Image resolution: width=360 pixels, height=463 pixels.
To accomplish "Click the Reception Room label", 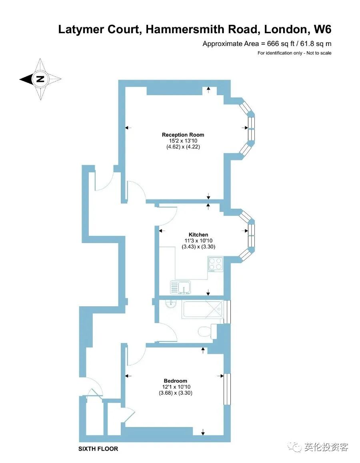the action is coord(183,135).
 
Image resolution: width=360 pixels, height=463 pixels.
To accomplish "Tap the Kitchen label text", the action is coord(198,235).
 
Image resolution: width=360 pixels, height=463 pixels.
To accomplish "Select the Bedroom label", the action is coord(175,381).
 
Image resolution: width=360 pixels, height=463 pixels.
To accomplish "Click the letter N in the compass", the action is coord(40,79).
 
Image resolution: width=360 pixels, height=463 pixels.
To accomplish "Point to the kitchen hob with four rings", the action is coord(216,264).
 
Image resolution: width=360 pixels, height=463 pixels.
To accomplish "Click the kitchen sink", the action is coord(180,287).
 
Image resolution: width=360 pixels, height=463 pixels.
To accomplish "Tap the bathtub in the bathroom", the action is coord(202,310).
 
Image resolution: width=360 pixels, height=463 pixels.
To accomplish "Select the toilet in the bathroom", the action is coord(206,331).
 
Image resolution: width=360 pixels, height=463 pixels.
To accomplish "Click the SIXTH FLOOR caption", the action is coord(98,449).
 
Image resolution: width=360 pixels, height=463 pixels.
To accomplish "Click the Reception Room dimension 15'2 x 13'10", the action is coord(183,141).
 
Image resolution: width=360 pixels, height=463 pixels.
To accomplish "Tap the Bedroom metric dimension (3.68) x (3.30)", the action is coord(175,393).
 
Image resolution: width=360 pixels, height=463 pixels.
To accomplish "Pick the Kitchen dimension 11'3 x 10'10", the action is coord(198,241).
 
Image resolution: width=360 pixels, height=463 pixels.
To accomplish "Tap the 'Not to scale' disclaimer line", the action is coord(294,53).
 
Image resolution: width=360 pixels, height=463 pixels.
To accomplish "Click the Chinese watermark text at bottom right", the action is coord(326,447).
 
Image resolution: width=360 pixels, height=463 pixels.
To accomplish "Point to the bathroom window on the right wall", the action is coord(227,311).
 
